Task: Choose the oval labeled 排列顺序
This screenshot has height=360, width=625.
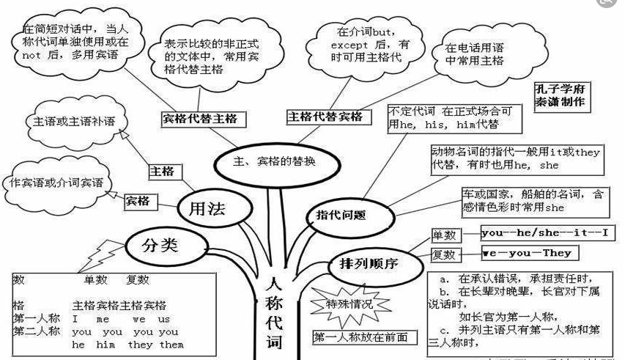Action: [x=369, y=263]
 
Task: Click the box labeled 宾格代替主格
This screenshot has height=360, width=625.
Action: [x=203, y=117]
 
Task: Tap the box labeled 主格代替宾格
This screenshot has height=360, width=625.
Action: [x=325, y=117]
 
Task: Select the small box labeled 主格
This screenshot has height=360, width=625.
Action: [x=162, y=171]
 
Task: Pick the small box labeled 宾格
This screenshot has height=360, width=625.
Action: [x=138, y=199]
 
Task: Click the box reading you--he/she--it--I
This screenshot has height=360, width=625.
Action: [x=548, y=234]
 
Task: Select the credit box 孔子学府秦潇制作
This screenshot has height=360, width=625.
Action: [x=561, y=96]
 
